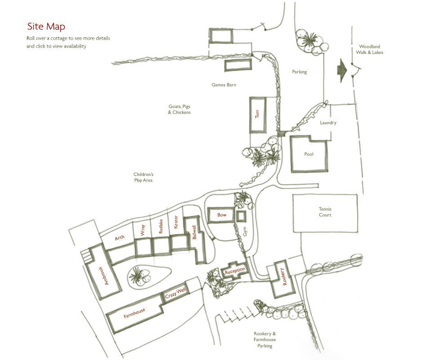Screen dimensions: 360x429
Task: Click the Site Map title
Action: click(46, 27)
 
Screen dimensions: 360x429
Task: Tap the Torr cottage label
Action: click(257, 114)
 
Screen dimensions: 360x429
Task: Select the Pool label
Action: click(308, 154)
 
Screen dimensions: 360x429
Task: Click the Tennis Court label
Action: click(325, 212)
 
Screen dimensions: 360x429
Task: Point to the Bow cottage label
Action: click(222, 215)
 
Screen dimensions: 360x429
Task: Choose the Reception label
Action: click(235, 271)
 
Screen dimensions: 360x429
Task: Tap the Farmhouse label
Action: click(134, 313)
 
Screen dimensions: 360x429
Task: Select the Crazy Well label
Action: click(175, 294)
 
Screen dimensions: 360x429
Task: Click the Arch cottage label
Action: click(120, 238)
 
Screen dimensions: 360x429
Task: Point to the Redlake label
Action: click(161, 227)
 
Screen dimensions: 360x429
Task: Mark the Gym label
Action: click(246, 231)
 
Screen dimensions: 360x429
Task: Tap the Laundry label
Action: click(328, 123)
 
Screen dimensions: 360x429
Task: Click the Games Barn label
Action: click(224, 85)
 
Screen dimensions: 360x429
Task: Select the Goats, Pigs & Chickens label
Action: click(179, 109)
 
